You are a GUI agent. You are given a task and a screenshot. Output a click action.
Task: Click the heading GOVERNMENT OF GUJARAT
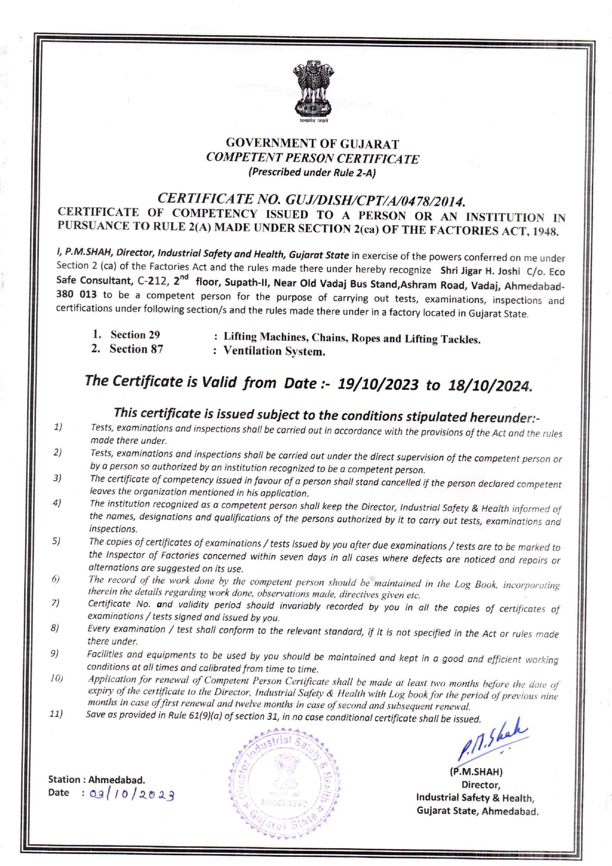point(312,144)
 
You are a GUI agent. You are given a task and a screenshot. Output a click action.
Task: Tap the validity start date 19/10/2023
point(378,384)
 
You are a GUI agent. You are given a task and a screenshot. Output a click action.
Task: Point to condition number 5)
point(56,541)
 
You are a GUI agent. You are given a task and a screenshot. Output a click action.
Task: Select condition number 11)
point(56,714)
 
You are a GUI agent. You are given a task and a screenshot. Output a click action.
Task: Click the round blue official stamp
point(284,784)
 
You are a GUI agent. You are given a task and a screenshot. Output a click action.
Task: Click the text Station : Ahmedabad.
point(96,780)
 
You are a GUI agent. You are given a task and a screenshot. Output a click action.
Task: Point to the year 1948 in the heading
point(547,232)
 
